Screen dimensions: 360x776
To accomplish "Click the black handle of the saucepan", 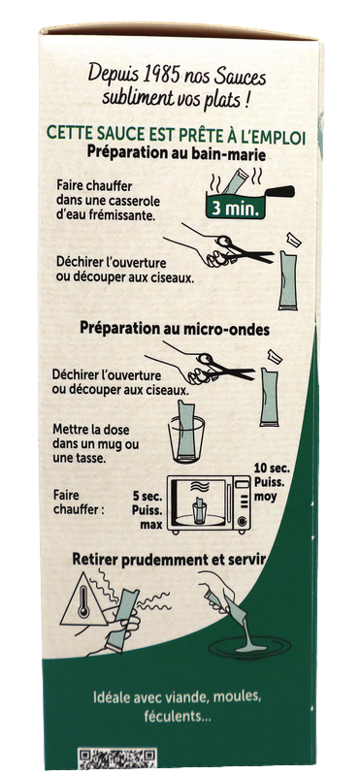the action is point(280,191).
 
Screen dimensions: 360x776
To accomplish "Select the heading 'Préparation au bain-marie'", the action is point(177,153).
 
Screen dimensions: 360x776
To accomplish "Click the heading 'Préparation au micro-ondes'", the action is point(175,328).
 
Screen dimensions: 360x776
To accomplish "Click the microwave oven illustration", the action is point(209,504).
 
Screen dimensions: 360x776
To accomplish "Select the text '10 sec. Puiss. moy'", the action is point(272,481).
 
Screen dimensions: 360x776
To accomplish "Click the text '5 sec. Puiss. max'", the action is point(145,509).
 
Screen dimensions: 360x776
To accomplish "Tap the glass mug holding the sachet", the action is point(186,439).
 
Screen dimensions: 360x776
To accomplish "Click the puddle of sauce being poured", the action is point(249,647).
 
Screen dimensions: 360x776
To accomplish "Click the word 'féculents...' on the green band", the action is point(178,716).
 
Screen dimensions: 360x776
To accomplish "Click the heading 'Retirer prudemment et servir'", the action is point(169,560).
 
